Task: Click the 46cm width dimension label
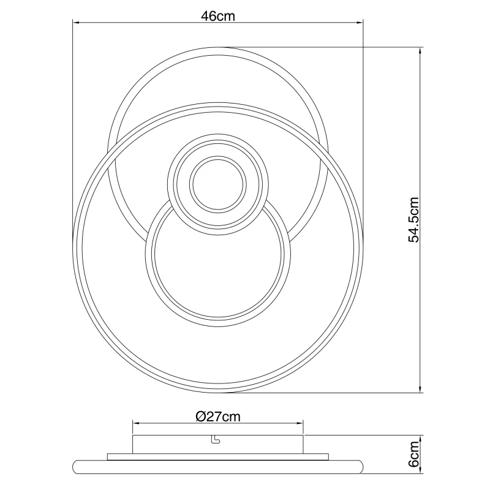point(217,17)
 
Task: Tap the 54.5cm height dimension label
point(413,220)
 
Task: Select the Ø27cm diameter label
point(218,417)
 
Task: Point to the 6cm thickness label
point(414,454)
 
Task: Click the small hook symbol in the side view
point(216,439)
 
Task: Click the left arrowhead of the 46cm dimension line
point(77,23)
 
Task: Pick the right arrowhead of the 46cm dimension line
point(359,23)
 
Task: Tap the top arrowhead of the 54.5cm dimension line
point(420,51)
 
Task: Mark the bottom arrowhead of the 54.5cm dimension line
point(420,389)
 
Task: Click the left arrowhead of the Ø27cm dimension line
point(137,423)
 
